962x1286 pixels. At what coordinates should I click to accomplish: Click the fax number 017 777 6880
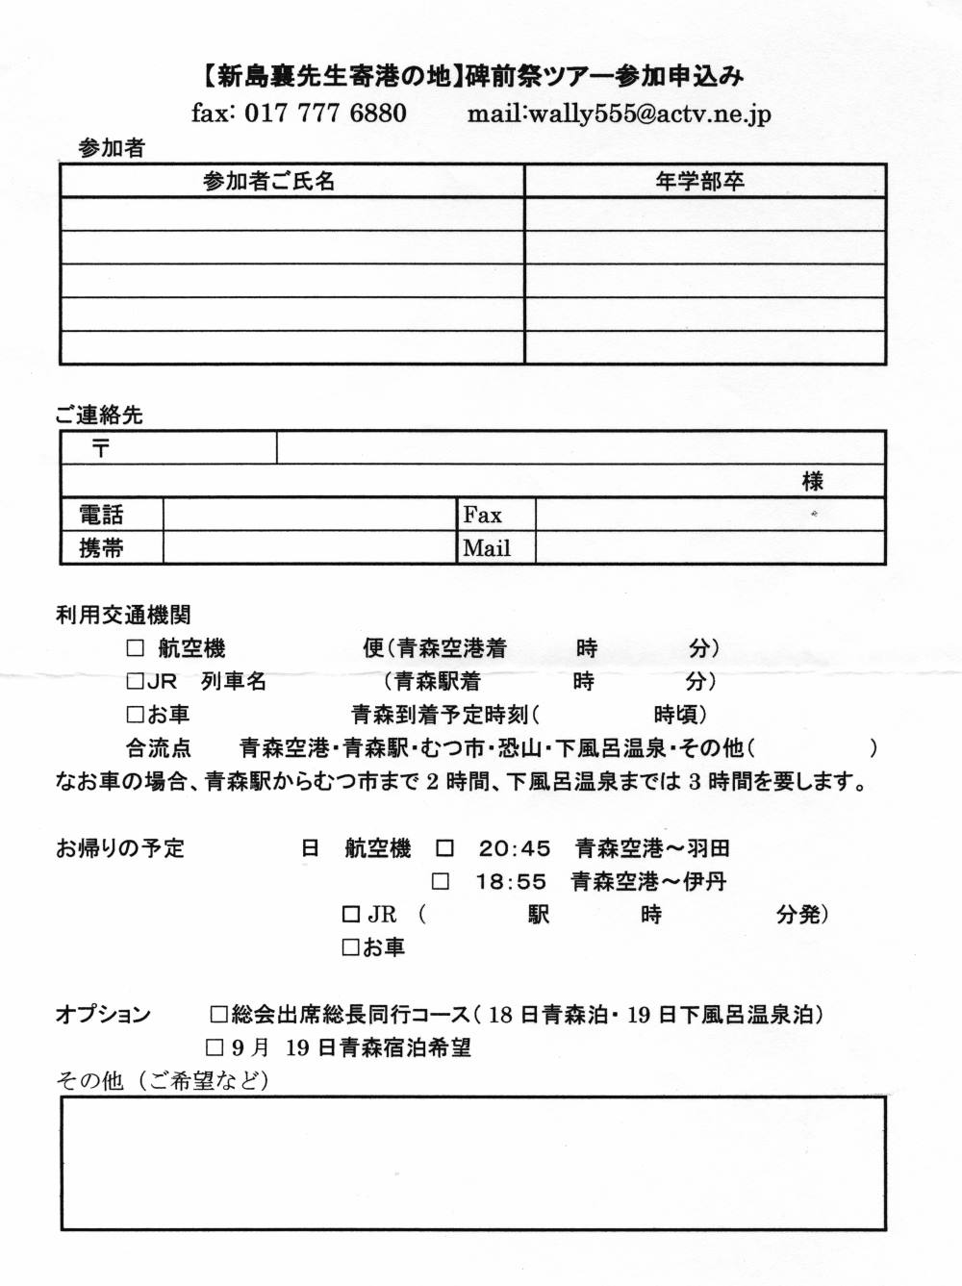click(325, 113)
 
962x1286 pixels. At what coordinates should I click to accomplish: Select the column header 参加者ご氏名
click(268, 181)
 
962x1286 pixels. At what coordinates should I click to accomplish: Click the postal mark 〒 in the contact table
click(101, 447)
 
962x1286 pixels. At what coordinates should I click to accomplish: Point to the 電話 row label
click(101, 515)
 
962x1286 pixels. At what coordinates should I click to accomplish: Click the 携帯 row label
click(101, 548)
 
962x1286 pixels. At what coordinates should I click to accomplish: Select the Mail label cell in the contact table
click(487, 548)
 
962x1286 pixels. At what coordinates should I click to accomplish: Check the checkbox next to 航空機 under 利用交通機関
click(136, 648)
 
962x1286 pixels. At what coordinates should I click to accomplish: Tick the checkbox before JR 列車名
click(135, 682)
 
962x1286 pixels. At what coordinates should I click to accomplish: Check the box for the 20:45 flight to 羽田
click(444, 848)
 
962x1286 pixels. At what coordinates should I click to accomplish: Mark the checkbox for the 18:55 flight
click(441, 881)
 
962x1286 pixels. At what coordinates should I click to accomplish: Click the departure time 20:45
click(515, 848)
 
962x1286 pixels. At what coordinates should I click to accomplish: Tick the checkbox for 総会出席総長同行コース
click(218, 1014)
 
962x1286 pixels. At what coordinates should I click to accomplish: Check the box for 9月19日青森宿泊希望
click(214, 1046)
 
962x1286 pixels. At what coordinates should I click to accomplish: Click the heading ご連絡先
click(99, 416)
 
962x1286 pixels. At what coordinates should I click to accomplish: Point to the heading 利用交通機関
click(123, 616)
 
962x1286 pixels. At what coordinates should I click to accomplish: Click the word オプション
click(103, 1014)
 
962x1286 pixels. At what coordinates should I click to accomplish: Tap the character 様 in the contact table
click(812, 481)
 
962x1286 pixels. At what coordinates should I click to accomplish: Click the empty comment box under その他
click(472, 1163)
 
